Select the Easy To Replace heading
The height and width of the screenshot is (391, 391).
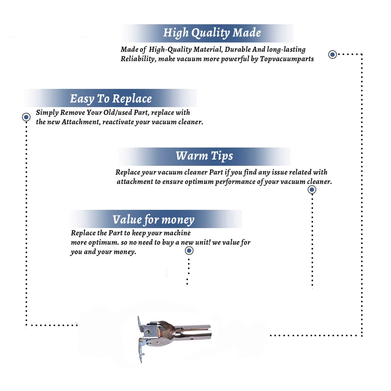(x=111, y=99)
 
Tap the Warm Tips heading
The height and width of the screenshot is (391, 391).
(x=204, y=156)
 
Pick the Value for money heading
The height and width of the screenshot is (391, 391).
(x=154, y=219)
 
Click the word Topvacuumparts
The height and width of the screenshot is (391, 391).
(x=287, y=59)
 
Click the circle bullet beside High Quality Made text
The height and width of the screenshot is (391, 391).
(x=332, y=54)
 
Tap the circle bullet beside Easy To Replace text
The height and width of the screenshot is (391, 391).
(x=26, y=117)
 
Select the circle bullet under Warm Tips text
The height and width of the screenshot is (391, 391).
(x=312, y=190)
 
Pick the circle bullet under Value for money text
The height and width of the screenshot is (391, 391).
(x=189, y=251)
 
